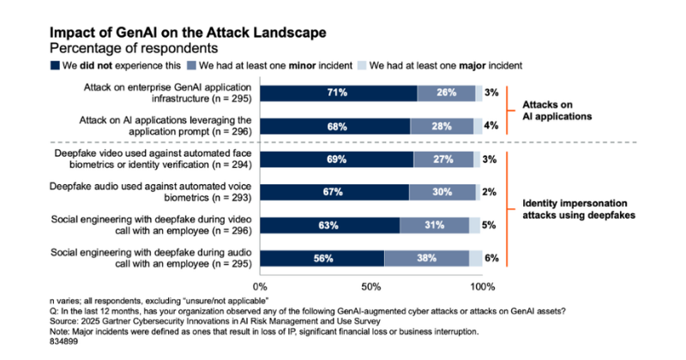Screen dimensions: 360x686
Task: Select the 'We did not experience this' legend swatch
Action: (x=55, y=64)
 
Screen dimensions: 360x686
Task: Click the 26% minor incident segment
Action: (x=446, y=93)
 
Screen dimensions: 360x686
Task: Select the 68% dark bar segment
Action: (x=334, y=126)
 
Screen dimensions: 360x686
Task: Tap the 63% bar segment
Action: (x=329, y=225)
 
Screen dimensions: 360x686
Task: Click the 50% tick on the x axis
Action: (x=370, y=285)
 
